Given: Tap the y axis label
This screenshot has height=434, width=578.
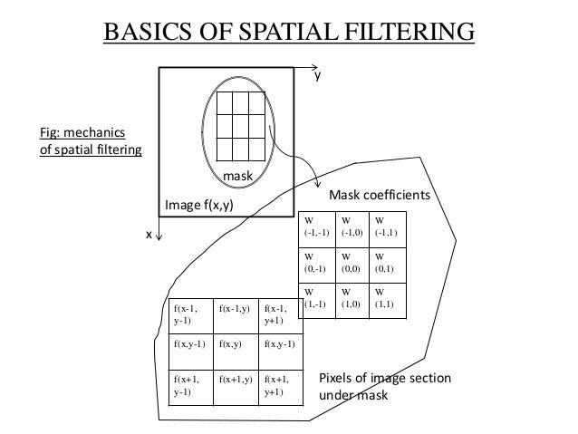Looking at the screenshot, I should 317,79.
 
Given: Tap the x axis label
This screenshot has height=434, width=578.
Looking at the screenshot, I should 149,235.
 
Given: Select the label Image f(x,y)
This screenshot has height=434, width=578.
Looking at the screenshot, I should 199,206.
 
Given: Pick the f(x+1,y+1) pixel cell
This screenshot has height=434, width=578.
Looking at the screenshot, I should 279,385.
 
